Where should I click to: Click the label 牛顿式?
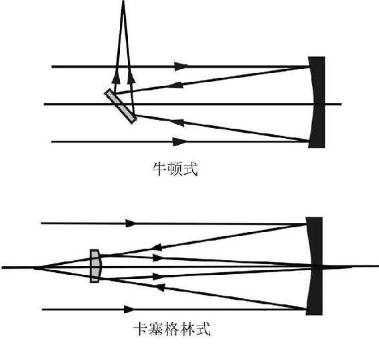175,169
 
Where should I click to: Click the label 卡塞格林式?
172,328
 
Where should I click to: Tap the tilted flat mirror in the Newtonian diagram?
121,106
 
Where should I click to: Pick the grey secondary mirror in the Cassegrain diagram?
95,266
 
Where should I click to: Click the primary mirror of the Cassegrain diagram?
315,266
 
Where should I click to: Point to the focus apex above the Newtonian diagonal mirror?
123,1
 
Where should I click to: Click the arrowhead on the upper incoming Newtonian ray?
181,66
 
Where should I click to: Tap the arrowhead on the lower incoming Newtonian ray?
180,141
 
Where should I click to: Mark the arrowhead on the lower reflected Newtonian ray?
177,123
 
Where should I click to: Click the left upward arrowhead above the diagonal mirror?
117,77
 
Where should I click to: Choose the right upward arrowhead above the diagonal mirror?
131,77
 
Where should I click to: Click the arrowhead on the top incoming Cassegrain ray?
131,223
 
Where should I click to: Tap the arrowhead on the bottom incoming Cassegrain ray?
129,309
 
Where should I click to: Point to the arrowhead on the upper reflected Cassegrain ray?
157,247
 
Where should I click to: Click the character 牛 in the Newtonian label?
159,169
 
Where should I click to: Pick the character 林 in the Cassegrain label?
187,328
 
